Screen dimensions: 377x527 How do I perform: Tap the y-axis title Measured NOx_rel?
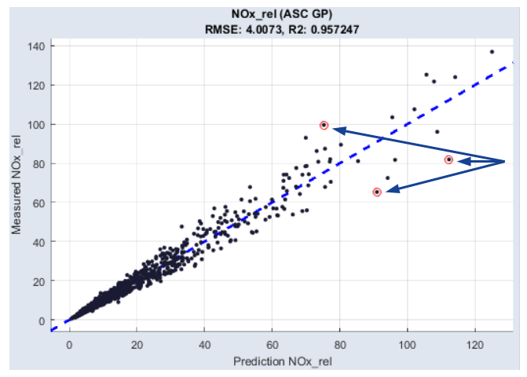pyautogui.click(x=16, y=184)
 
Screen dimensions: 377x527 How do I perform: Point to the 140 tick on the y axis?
pyautogui.click(x=36, y=46)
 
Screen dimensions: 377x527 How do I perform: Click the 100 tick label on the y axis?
pyautogui.click(x=36, y=124)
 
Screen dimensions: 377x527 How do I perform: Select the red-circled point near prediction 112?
pyautogui.click(x=448, y=159)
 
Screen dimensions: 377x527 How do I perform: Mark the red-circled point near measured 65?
pyautogui.click(x=377, y=192)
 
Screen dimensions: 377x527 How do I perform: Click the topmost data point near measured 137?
pyautogui.click(x=492, y=52)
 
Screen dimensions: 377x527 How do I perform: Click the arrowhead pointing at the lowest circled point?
pyautogui.click(x=388, y=188)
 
